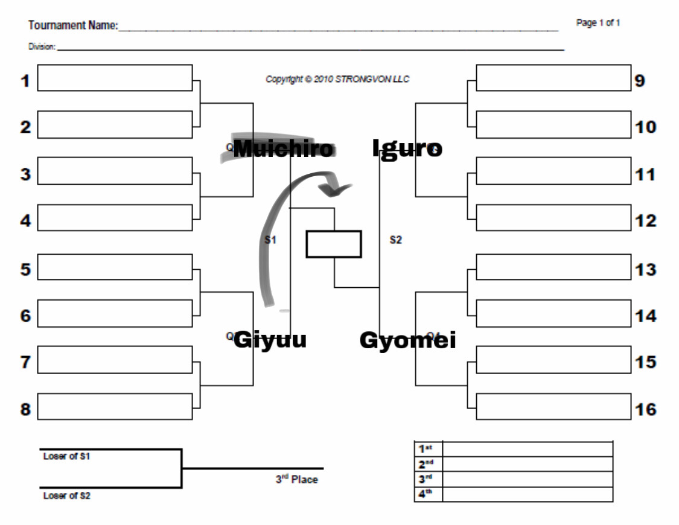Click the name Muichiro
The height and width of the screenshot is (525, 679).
coord(283,148)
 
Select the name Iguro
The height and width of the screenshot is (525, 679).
coord(407,148)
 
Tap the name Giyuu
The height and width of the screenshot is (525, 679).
coord(270,340)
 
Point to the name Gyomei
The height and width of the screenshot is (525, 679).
coord(407,340)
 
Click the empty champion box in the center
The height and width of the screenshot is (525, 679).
coord(333,244)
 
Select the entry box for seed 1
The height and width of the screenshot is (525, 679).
coord(115,78)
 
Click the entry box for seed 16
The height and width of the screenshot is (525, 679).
coord(553,407)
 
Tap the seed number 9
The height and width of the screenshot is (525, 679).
coord(640,81)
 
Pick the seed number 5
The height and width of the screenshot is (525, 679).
coord(25,269)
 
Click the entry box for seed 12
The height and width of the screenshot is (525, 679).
coord(553,218)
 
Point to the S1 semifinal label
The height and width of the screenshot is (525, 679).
coord(270,240)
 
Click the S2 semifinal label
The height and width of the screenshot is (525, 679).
coord(395,240)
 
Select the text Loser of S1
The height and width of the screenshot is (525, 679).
coord(66,457)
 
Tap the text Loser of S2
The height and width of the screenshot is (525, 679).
coord(66,496)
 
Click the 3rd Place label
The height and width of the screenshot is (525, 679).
coord(297,480)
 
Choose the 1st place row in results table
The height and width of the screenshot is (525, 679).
coord(513,448)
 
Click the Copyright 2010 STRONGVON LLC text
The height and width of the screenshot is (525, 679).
coord(337,79)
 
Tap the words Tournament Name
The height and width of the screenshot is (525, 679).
coord(73,26)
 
